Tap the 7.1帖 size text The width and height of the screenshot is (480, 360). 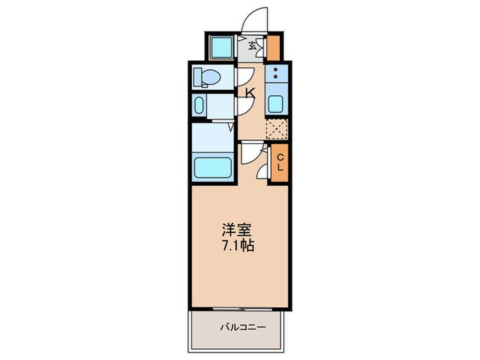pos(237,245)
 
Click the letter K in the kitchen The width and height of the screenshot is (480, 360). pos(250,93)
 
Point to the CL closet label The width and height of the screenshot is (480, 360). pos(280,163)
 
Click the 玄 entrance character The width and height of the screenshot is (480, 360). pos(253,47)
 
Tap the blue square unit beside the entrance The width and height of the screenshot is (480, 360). pos(221,47)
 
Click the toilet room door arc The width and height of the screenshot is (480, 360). pos(245,76)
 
